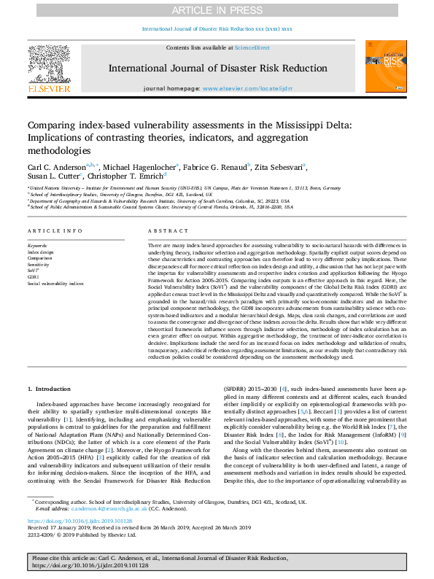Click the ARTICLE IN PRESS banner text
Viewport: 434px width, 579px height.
pyautogui.click(x=217, y=10)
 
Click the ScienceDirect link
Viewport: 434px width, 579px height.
pyautogui.click(x=252, y=47)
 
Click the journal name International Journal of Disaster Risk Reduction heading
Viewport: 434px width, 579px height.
pyautogui.click(x=217, y=68)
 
